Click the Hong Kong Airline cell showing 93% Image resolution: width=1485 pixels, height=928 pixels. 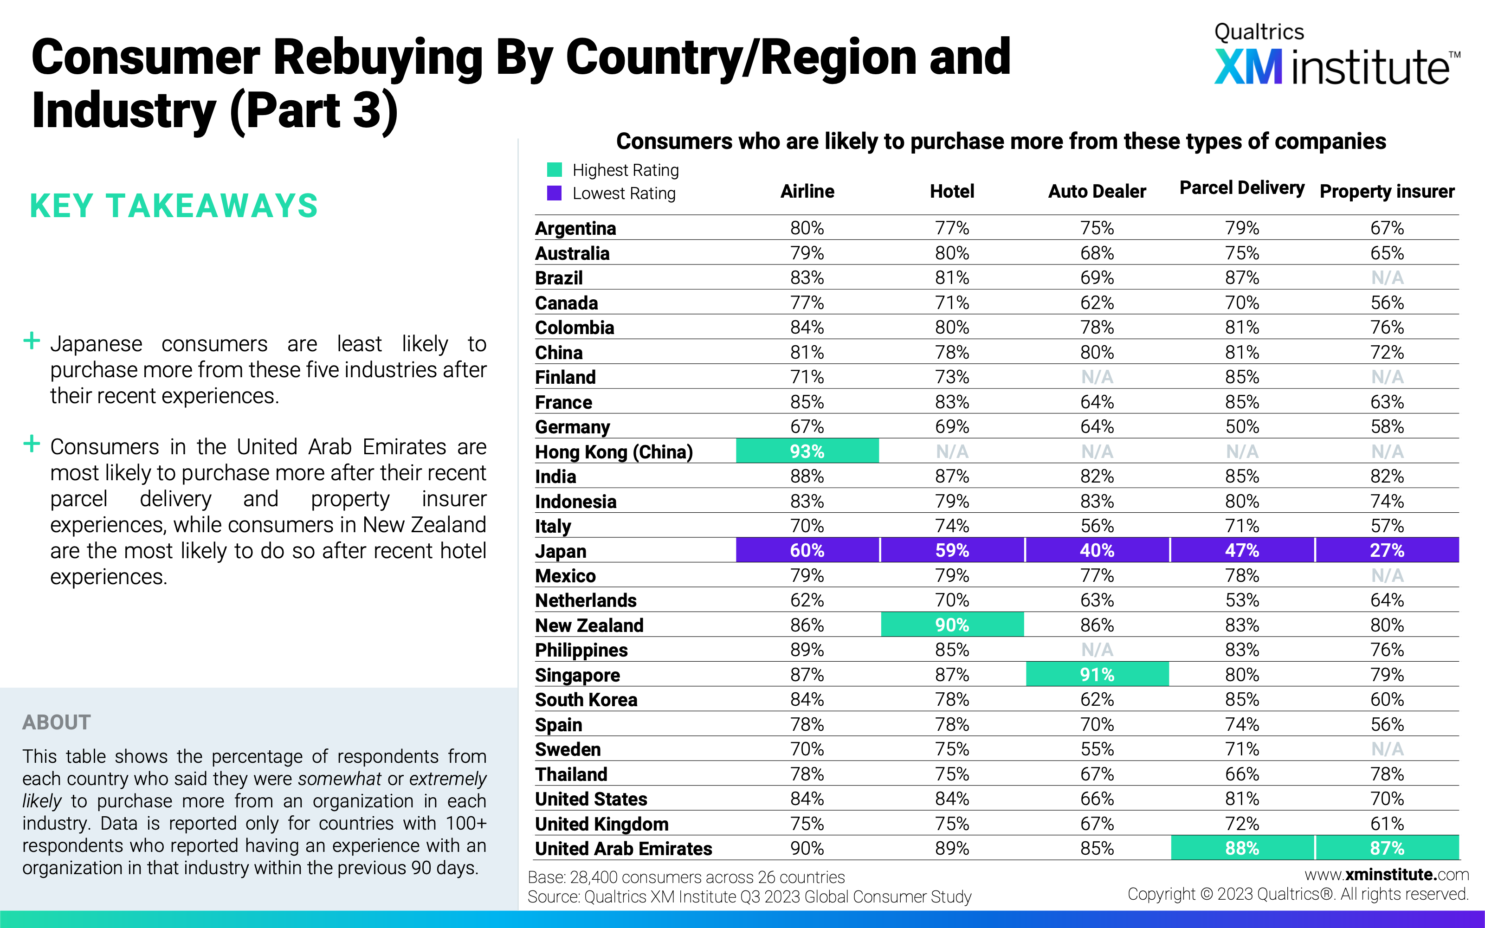807,451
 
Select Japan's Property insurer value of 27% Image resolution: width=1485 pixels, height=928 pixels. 1387,550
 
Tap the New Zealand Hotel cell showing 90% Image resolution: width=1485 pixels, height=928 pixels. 952,625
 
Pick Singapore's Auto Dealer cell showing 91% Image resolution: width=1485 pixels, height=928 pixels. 1097,675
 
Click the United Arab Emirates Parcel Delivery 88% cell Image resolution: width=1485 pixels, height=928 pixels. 1242,848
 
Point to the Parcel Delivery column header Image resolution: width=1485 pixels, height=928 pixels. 1242,188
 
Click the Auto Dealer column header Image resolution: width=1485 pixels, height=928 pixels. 1097,192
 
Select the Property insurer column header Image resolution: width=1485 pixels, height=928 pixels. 1387,192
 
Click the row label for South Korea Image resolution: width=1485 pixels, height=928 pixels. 586,700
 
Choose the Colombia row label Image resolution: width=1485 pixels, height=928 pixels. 575,328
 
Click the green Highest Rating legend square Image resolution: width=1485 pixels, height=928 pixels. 554,169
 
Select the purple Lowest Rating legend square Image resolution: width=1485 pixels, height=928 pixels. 554,193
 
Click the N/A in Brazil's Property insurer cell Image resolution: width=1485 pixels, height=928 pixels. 1387,278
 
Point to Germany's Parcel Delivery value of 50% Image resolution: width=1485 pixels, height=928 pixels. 1242,426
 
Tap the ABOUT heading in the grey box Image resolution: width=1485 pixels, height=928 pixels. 57,722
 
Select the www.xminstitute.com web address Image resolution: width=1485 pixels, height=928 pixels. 1387,874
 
